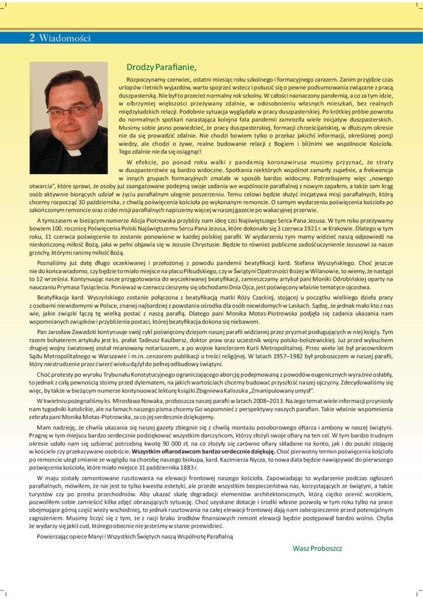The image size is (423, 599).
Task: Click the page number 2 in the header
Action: click(32, 39)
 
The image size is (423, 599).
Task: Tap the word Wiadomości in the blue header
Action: click(65, 39)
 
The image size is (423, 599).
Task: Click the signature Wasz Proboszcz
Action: click(317, 548)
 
